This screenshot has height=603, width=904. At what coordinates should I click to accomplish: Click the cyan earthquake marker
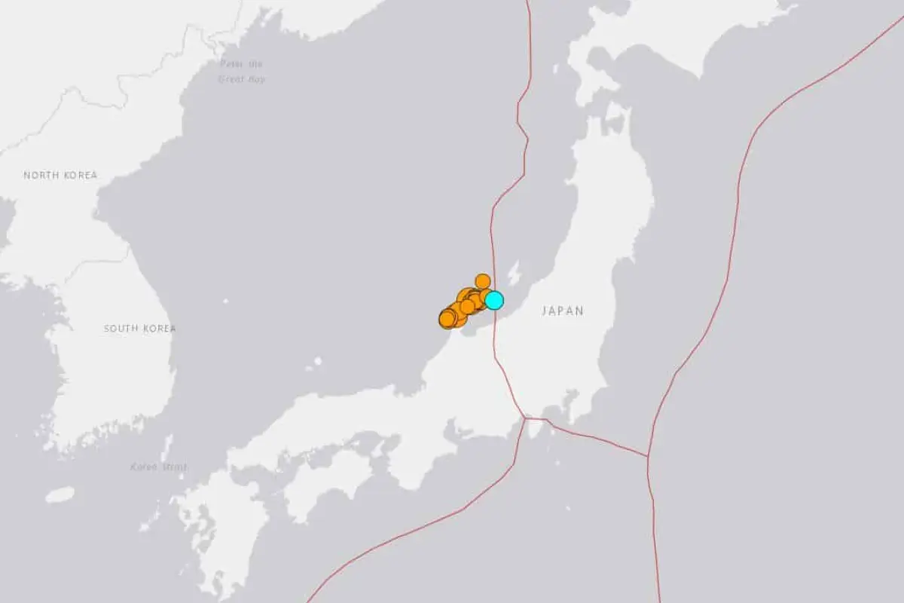[493, 300]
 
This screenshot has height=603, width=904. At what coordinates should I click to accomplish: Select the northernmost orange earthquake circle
[482, 281]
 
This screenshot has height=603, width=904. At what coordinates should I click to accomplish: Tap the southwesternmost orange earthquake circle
[447, 320]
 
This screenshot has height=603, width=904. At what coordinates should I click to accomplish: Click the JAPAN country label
[563, 311]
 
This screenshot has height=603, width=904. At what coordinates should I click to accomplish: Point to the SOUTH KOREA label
[140, 329]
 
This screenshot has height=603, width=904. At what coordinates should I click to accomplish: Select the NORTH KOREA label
[60, 176]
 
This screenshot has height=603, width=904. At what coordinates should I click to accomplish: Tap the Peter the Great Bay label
[242, 72]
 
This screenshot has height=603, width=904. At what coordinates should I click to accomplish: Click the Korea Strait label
[158, 467]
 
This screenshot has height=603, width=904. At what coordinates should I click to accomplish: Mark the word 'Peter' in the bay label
[231, 65]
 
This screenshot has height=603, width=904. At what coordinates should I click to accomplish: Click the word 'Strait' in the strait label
[173, 467]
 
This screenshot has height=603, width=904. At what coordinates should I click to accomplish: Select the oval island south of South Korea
[60, 494]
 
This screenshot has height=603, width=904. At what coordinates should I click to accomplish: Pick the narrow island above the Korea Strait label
[166, 447]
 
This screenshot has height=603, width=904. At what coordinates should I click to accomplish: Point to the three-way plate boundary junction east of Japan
[647, 456]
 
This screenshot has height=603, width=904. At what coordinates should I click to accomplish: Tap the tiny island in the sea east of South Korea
[226, 301]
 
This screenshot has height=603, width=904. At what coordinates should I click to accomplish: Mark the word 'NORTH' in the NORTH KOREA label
[40, 176]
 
